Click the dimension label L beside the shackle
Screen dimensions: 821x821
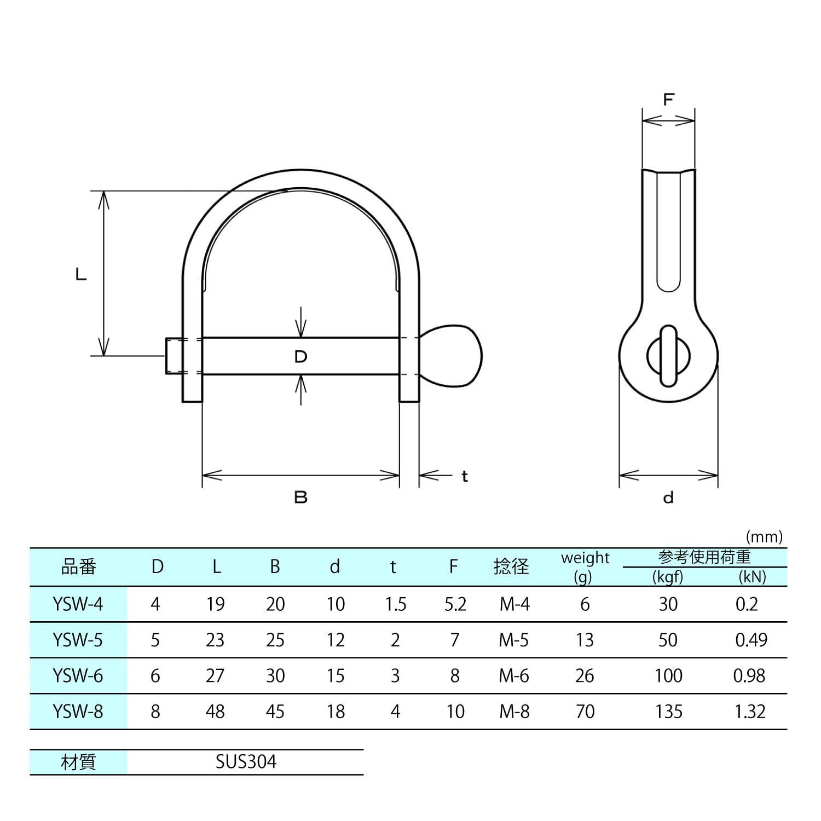[x=81, y=275]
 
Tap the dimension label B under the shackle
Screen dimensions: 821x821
[x=300, y=498]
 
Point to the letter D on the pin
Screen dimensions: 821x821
[x=300, y=357]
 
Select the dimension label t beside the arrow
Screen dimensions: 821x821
[x=465, y=477]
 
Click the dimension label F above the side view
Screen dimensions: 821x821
[x=668, y=100]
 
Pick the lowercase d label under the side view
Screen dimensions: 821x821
[x=668, y=498]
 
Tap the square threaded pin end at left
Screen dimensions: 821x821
[x=175, y=356]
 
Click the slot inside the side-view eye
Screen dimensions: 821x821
[x=668, y=356]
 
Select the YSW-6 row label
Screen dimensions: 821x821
[x=78, y=676]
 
